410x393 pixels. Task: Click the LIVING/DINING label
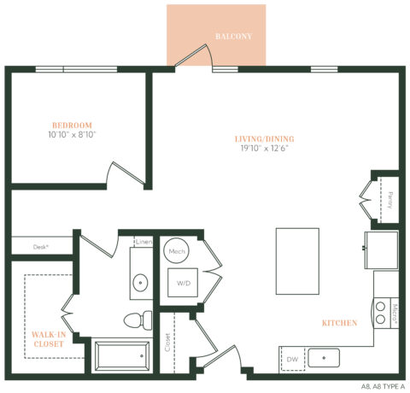coord(264,138)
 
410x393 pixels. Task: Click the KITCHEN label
coord(340,323)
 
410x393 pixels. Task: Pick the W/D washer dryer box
coord(184,283)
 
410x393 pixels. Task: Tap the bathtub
coord(122,356)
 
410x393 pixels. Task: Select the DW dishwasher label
coord(291,360)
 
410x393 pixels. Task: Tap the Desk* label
coord(41,246)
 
